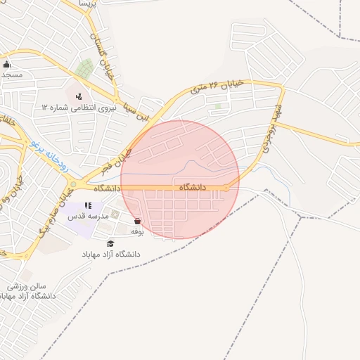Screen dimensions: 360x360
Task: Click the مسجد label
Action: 11,74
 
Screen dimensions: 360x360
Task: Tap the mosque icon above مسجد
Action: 6,65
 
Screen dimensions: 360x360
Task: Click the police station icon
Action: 78,96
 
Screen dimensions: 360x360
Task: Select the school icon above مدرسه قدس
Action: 88,206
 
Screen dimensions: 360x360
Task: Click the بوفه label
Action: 137,231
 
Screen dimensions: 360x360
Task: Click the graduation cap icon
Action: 110,243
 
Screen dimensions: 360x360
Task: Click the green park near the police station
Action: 84,69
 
